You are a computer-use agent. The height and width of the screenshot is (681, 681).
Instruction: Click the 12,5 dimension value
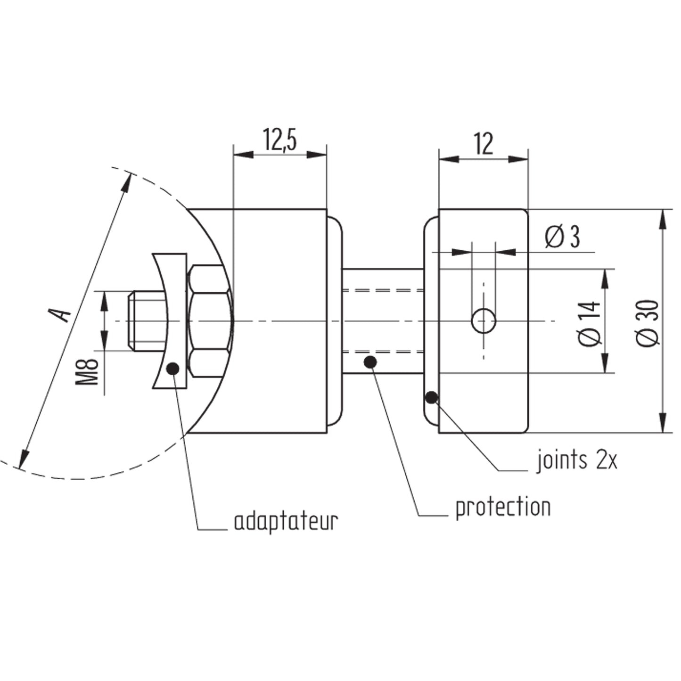(279, 140)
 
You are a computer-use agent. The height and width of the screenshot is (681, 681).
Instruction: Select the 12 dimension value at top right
(484, 145)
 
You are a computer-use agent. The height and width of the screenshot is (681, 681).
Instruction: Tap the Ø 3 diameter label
(562, 237)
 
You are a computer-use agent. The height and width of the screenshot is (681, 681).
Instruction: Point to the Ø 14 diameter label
(590, 324)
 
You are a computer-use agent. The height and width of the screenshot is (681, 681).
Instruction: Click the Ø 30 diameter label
(648, 322)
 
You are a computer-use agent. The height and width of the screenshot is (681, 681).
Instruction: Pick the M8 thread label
(87, 372)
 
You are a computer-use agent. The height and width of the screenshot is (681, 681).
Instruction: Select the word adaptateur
(286, 521)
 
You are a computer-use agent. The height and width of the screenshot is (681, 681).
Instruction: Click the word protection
(503, 508)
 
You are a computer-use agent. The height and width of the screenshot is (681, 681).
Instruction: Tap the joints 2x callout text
(577, 460)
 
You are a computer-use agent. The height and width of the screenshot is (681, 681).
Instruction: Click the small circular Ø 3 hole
(484, 321)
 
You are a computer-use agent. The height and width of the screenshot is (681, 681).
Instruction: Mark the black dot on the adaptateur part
(173, 369)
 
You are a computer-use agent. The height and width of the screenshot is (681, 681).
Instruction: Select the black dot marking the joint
(431, 398)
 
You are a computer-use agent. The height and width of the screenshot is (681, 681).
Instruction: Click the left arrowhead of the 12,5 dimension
(244, 155)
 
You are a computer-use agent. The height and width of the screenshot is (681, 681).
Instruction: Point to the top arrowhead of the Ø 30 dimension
(663, 220)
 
